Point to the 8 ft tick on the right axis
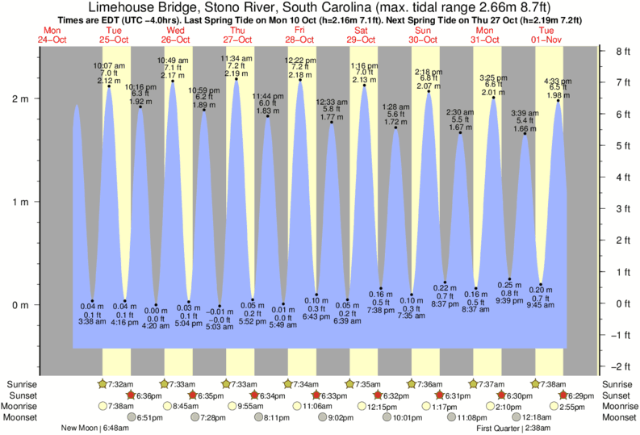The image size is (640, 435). click(x=621, y=51)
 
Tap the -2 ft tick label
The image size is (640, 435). click(x=621, y=366)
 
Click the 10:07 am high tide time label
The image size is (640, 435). click(x=109, y=65)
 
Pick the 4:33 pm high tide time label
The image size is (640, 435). click(x=558, y=81)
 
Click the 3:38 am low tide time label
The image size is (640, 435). click(x=92, y=320)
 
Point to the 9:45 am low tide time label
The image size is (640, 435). click(x=541, y=305)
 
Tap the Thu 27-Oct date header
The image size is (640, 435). click(x=237, y=35)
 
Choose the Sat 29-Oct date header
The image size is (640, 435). click(x=362, y=35)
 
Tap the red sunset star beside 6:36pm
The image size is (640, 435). click(x=130, y=395)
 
